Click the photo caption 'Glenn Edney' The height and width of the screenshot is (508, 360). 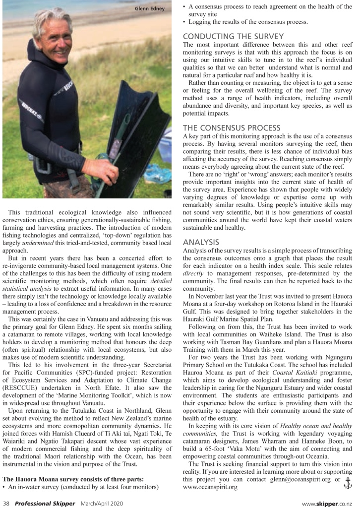(x=150, y=8)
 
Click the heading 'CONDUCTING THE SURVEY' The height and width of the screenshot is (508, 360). (x=233, y=36)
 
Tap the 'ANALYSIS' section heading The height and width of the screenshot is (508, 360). (x=201, y=242)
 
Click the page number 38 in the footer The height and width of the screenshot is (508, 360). (x=6, y=503)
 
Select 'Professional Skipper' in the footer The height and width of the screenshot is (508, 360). (x=45, y=503)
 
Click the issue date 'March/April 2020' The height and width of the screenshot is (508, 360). (x=104, y=503)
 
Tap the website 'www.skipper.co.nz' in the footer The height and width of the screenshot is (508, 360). (x=328, y=503)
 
